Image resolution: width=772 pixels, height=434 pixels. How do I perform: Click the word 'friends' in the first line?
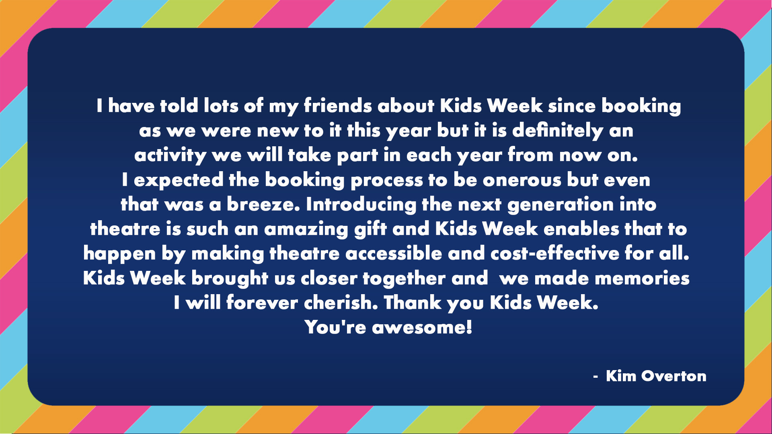(338, 106)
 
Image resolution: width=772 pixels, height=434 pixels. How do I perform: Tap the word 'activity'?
(170, 156)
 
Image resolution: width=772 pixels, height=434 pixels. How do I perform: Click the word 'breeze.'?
(263, 205)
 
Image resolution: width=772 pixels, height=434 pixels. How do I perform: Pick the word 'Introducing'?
(361, 205)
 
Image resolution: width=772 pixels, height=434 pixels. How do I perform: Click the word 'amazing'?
(306, 229)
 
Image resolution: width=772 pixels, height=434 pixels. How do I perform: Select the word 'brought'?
(230, 278)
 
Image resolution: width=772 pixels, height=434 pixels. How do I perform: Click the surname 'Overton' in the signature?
(674, 376)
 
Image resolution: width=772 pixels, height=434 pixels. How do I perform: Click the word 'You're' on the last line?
(335, 328)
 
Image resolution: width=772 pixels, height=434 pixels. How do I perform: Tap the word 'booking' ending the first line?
(641, 106)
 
